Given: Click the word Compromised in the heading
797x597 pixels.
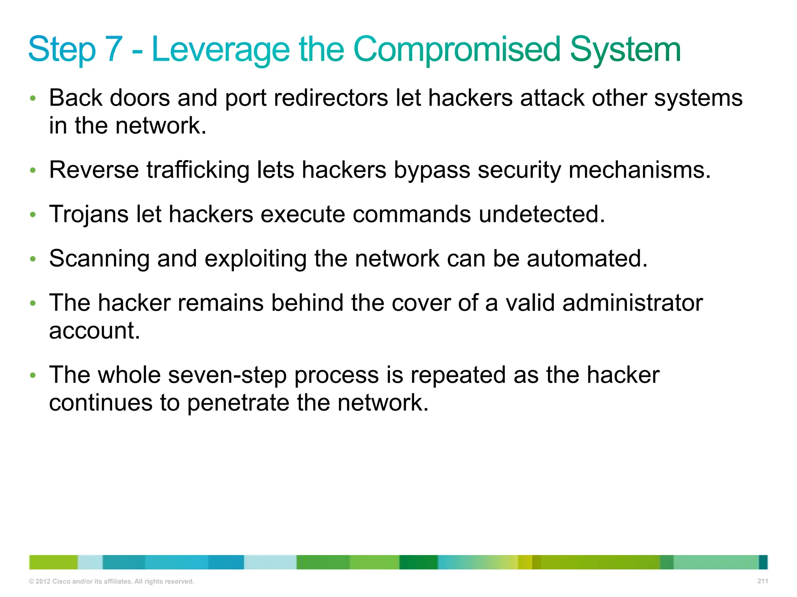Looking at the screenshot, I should point(456,49).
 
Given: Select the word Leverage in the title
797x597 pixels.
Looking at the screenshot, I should point(221,49).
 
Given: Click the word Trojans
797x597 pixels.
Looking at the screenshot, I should point(89,214).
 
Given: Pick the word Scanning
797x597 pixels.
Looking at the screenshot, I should point(99,258).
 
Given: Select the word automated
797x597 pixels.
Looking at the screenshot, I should point(587,258).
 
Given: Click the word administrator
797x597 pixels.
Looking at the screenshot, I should point(632,302).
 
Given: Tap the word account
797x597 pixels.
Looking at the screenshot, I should point(95,330).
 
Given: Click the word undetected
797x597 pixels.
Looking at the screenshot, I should point(542,214).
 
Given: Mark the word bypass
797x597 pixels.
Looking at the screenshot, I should point(432,170).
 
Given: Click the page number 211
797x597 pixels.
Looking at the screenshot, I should point(763,581).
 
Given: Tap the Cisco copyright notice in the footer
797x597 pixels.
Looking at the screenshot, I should point(111,581).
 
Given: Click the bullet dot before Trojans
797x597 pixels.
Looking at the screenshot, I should point(33,214).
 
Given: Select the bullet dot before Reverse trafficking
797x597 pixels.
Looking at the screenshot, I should point(33,170).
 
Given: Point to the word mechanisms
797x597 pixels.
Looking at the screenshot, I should point(639,170).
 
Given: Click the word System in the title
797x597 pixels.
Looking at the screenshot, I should point(625,49).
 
